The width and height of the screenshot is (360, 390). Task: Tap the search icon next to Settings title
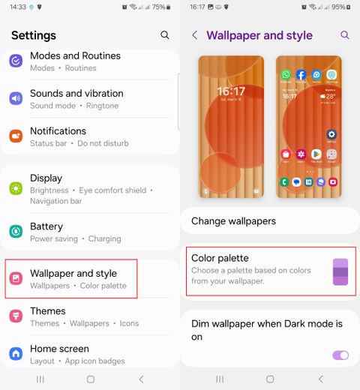(165, 35)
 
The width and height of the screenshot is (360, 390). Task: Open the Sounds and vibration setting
(76, 99)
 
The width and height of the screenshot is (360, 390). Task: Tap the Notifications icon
(16, 136)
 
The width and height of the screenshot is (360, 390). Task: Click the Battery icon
(16, 232)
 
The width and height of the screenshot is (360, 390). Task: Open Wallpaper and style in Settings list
(73, 279)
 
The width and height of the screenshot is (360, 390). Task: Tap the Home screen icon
(16, 354)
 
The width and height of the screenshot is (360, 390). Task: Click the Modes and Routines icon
(16, 61)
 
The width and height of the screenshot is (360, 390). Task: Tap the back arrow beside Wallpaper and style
(195, 35)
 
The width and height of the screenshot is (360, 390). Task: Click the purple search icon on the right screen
(345, 35)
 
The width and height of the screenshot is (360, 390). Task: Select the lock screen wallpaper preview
(231, 127)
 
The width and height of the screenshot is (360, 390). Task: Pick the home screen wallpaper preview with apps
(309, 127)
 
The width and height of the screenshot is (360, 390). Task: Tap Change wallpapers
(233, 221)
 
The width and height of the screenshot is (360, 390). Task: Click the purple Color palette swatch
(340, 271)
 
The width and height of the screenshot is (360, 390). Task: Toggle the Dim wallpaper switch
(340, 355)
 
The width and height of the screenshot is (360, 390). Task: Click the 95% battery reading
(338, 7)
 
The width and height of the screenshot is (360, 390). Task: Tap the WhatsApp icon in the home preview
(286, 75)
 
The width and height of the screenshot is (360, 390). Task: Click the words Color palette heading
(220, 258)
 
